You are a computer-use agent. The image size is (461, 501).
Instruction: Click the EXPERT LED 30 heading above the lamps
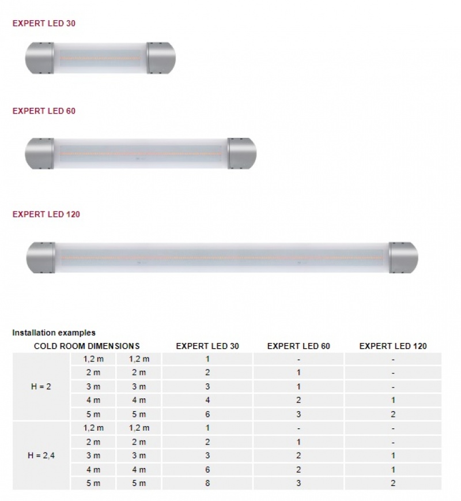(44, 23)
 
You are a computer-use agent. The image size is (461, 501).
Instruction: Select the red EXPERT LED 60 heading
(44, 111)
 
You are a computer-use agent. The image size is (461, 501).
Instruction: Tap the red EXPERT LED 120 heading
(46, 214)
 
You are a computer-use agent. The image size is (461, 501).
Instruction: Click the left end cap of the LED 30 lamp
(40, 58)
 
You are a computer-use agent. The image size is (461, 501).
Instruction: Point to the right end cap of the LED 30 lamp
(161, 58)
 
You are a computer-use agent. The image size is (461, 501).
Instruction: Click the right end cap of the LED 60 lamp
(242, 153)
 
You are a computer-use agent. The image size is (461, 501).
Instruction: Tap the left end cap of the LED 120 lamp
(41, 258)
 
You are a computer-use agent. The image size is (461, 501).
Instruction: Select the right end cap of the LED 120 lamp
(403, 258)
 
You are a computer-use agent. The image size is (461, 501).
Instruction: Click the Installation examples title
(54, 333)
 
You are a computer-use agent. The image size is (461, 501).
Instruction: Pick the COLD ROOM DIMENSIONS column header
(86, 346)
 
